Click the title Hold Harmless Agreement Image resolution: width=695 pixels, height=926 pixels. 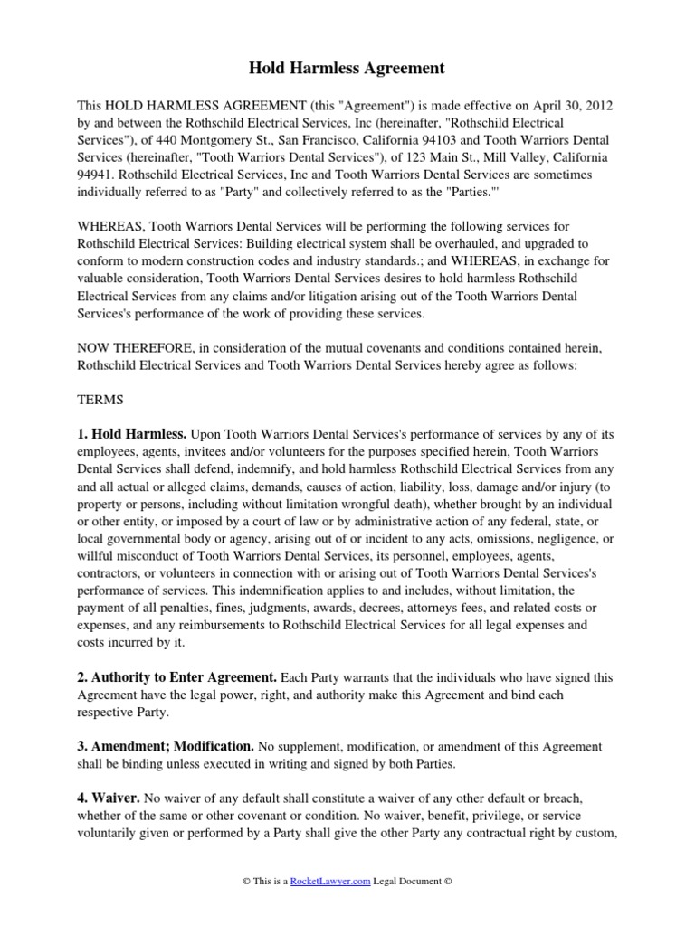coord(347,68)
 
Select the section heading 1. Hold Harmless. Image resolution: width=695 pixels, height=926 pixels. coord(132,435)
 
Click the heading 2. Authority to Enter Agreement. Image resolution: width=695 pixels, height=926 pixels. coord(177,676)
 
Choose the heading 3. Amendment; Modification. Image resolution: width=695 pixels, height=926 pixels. coord(166,746)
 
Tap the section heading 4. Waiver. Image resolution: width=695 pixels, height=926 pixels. coord(109,798)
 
